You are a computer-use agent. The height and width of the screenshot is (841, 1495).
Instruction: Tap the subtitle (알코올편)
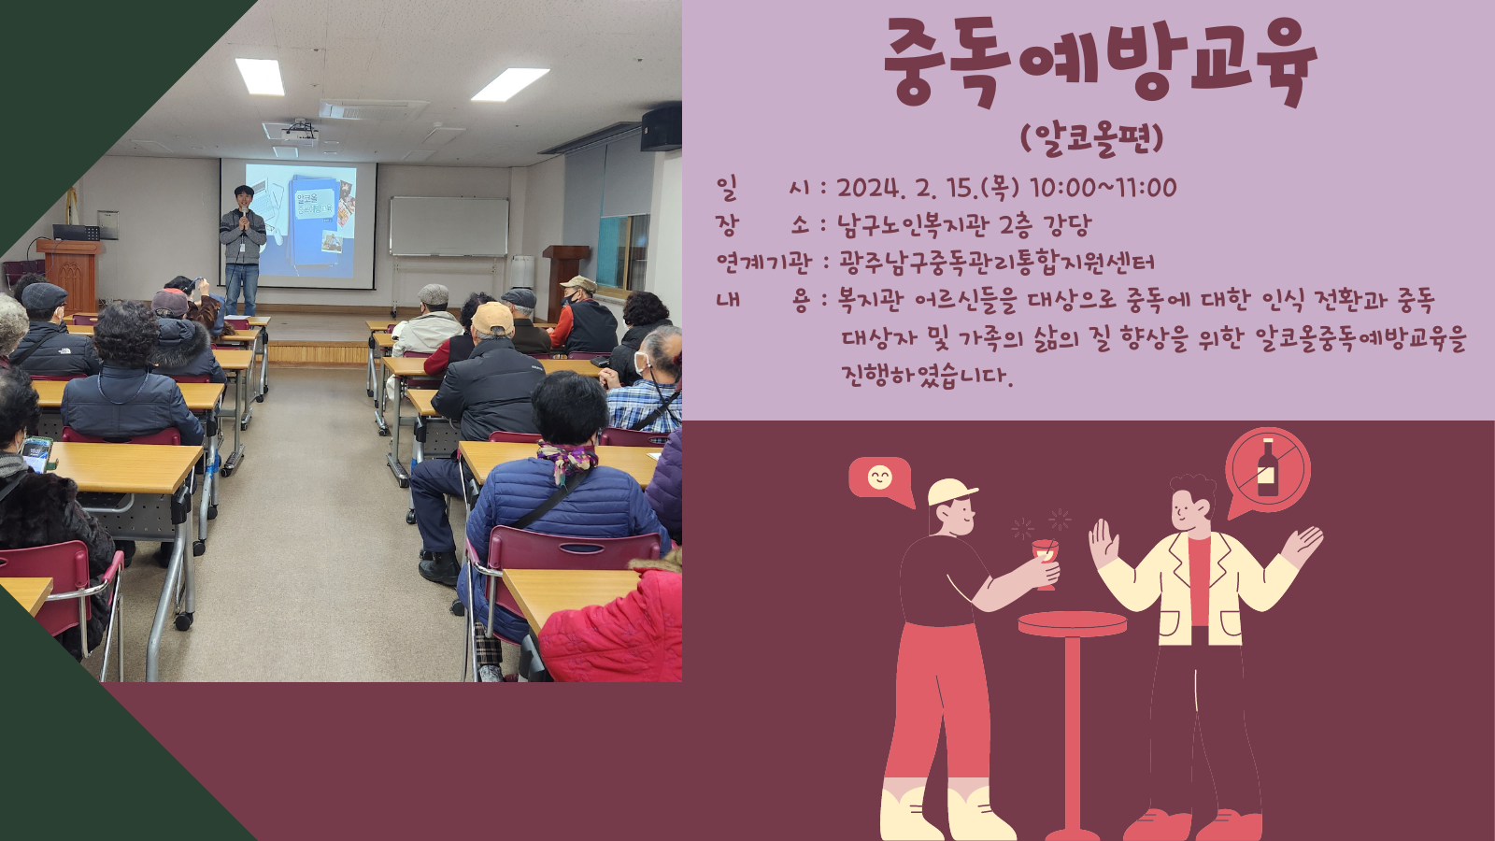click(1092, 139)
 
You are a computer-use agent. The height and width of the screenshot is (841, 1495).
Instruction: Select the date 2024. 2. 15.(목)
click(929, 188)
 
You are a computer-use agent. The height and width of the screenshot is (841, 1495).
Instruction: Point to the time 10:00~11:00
click(1103, 188)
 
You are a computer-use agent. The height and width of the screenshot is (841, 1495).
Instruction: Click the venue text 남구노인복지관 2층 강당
click(964, 225)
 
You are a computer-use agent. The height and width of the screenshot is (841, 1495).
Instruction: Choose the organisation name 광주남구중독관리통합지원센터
click(996, 263)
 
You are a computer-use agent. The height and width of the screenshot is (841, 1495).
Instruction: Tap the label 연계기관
click(763, 263)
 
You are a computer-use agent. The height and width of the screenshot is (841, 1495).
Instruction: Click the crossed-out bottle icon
click(1267, 469)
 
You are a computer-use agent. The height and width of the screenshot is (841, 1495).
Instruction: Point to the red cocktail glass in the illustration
click(1046, 561)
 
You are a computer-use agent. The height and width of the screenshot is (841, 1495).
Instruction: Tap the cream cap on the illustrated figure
click(950, 492)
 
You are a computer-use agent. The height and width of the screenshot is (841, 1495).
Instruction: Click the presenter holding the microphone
click(242, 249)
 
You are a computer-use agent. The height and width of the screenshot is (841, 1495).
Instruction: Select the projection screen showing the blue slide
click(299, 223)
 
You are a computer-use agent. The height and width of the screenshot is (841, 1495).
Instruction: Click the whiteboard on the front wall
click(449, 226)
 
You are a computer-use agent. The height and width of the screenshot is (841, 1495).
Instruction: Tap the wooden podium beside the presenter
click(69, 274)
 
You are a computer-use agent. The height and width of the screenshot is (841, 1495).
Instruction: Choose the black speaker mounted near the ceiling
click(661, 127)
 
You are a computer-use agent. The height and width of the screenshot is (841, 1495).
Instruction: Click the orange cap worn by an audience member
click(492, 319)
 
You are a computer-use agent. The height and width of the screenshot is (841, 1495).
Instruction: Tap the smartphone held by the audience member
click(36, 454)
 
